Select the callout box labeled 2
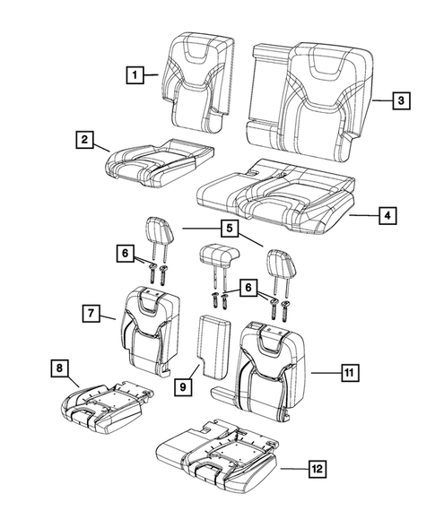pos(85,139)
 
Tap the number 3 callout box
pos(399,101)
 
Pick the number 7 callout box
pos(91,313)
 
